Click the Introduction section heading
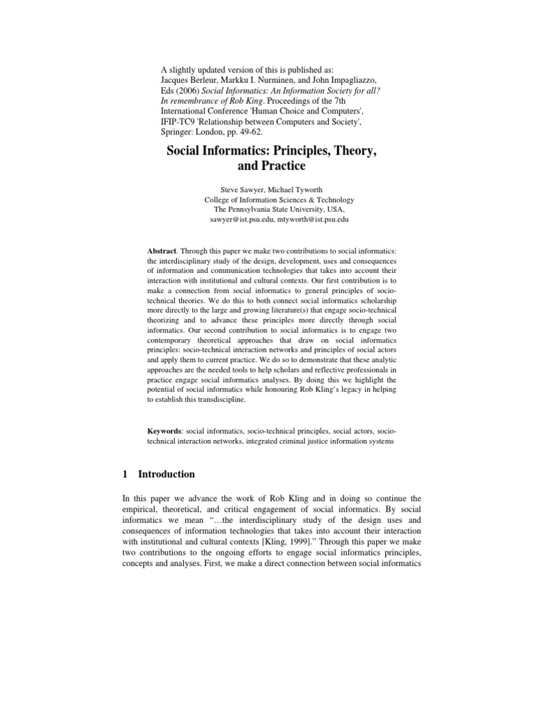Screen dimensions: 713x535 click(167, 473)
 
